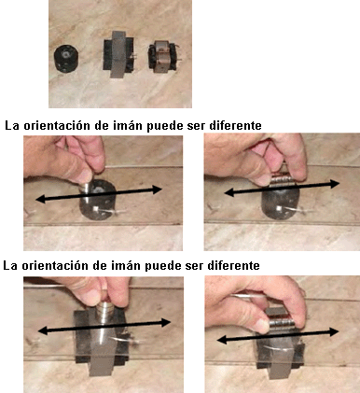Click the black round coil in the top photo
coord(66,59)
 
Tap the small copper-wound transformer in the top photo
coord(162,56)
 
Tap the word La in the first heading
coord(12,126)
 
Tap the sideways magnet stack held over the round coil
coord(283,181)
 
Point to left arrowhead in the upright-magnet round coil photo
coord(40,200)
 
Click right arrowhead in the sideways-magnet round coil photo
coord(335,184)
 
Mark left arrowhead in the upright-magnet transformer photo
coord(42,330)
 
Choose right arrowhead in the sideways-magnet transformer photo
coord(334,331)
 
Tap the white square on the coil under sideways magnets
coord(280,208)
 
